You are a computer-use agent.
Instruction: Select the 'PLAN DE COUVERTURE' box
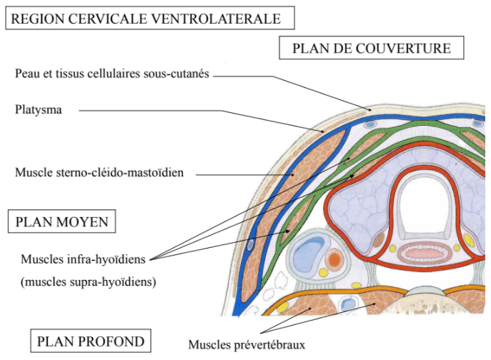pyautogui.click(x=371, y=49)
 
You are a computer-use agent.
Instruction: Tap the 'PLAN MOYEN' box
pyautogui.click(x=62, y=222)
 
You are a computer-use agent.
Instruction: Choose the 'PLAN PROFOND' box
pyautogui.click(x=90, y=340)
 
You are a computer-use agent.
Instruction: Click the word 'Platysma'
pyautogui.click(x=36, y=111)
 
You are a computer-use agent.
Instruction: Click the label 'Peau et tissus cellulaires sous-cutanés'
pyautogui.click(x=111, y=75)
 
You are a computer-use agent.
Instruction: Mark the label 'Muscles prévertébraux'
pyautogui.click(x=247, y=345)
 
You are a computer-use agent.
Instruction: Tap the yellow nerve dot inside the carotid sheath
pyautogui.click(x=324, y=272)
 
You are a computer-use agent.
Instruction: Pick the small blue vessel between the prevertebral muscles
pyautogui.click(x=348, y=304)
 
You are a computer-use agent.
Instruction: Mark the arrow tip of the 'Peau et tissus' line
pyautogui.click(x=369, y=110)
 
